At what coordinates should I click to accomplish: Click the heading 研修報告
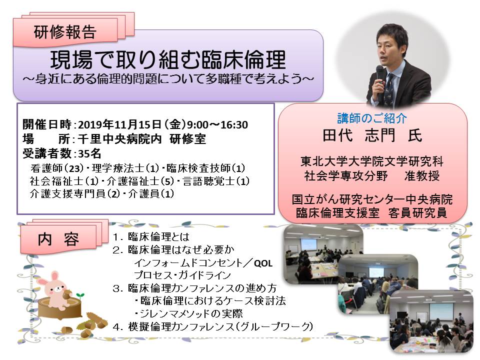click(65, 32)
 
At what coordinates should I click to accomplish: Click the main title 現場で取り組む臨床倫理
click(168, 59)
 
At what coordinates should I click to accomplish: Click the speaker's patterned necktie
click(389, 87)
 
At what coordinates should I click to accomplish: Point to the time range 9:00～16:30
click(217, 124)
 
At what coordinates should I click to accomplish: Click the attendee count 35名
click(89, 153)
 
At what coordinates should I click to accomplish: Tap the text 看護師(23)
click(57, 168)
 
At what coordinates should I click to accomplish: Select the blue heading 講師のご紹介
click(372, 118)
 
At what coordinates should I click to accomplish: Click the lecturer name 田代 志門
click(359, 135)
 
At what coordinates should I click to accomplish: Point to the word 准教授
click(422, 175)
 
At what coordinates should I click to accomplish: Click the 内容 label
click(58, 239)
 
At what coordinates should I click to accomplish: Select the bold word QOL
click(263, 263)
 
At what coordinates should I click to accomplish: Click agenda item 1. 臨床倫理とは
click(151, 236)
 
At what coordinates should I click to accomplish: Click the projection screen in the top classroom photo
click(308, 244)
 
